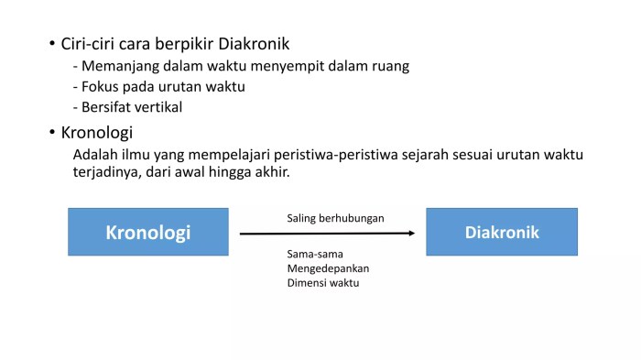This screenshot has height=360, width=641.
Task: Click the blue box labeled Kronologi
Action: pyautogui.click(x=147, y=232)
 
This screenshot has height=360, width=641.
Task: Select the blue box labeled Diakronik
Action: pyautogui.click(x=502, y=232)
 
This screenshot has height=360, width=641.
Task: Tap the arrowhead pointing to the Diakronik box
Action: pyautogui.click(x=410, y=233)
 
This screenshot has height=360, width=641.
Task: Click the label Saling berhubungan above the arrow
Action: pyautogui.click(x=335, y=218)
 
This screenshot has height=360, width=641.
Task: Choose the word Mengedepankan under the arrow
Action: pyautogui.click(x=334, y=268)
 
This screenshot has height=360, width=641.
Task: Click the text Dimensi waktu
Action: pyautogui.click(x=323, y=283)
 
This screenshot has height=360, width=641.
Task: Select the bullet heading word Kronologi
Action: pyautogui.click(x=97, y=132)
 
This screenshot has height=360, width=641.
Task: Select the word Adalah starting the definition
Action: pyautogui.click(x=95, y=154)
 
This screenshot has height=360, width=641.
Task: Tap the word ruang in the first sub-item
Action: pyautogui.click(x=390, y=66)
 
